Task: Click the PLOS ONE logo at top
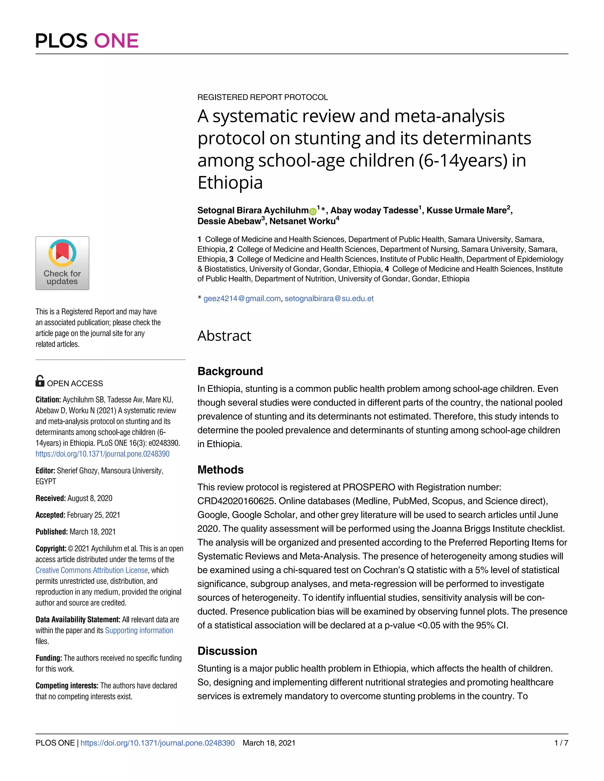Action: click(87, 40)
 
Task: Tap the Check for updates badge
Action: click(62, 263)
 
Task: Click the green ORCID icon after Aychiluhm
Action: click(312, 211)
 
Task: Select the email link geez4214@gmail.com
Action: click(242, 299)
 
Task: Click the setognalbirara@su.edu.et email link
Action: click(329, 299)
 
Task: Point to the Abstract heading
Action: click(224, 336)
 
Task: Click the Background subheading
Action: click(230, 371)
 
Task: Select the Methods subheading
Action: click(220, 469)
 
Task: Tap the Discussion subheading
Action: click(227, 651)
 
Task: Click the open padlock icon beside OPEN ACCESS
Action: click(40, 381)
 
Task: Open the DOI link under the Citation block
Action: click(102, 454)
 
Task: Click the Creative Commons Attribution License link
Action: click(92, 570)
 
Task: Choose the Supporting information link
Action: click(139, 630)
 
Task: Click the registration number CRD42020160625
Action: click(236, 501)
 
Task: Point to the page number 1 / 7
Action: click(561, 743)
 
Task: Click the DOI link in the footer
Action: click(157, 743)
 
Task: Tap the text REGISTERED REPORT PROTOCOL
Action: click(263, 97)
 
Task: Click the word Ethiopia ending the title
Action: click(230, 183)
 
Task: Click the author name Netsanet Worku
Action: click(302, 221)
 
